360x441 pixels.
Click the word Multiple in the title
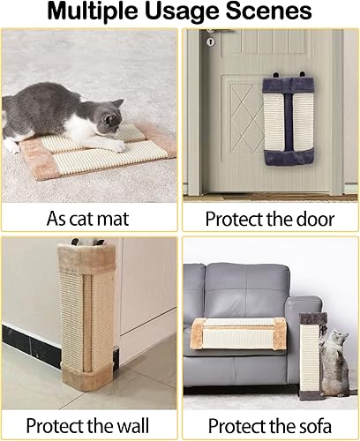pos(94,12)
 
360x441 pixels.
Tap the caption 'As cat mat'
pos(89,217)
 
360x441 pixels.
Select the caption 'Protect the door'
pos(268,217)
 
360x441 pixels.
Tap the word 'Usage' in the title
pos(186,12)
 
